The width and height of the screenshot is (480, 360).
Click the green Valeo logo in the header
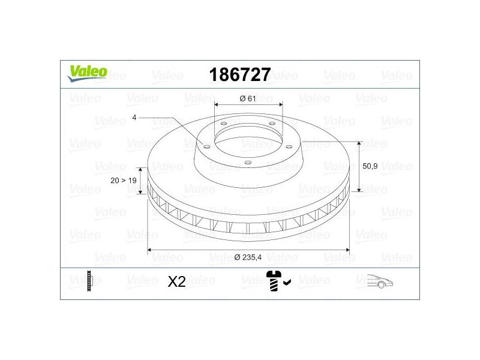tap(88, 73)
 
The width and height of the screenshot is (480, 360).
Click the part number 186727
tap(240, 74)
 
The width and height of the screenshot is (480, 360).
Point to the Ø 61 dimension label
tap(248, 98)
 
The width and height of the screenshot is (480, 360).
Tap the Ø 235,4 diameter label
tap(248, 257)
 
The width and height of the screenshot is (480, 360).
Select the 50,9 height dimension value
tap(370, 166)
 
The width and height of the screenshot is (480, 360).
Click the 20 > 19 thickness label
tap(124, 181)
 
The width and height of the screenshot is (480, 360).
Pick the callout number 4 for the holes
tap(134, 118)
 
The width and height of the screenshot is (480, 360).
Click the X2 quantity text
tap(176, 281)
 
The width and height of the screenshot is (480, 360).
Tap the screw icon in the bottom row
tap(273, 281)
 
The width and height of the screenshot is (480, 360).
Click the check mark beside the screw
tap(287, 282)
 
